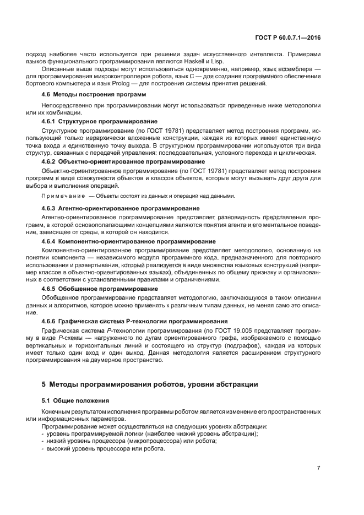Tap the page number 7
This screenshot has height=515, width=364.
click(x=318, y=468)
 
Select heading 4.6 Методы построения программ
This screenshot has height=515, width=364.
click(x=94, y=95)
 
